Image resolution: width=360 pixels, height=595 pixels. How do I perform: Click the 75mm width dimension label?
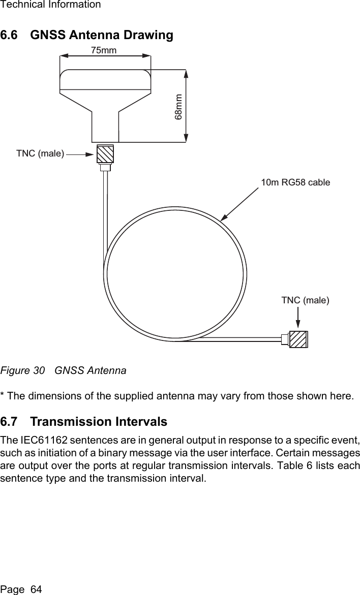(x=104, y=50)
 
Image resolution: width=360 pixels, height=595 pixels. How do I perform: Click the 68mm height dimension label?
(x=178, y=106)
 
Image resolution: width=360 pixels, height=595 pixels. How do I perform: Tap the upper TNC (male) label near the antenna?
(x=40, y=153)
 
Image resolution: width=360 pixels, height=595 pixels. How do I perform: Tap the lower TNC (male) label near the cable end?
(x=305, y=300)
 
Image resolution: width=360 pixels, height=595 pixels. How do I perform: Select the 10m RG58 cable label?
(x=295, y=182)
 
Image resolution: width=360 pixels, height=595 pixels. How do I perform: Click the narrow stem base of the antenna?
(x=105, y=127)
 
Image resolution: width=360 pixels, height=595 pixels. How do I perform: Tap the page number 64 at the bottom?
(x=36, y=589)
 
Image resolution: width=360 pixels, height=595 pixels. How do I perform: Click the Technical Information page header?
(x=50, y=5)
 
